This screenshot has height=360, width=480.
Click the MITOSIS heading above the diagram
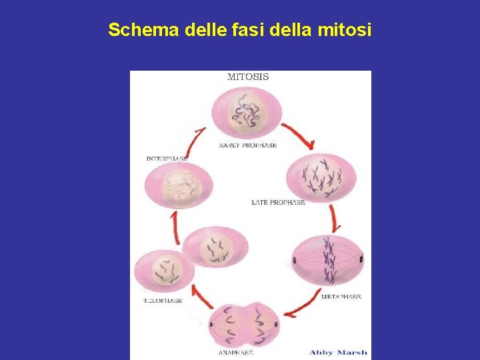tap(248, 77)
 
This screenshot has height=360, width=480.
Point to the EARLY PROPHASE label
tap(248, 145)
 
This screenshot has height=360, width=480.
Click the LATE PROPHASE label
tap(278, 202)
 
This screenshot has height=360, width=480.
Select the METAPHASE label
tap(341, 297)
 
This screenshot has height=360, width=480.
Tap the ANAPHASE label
tap(236, 353)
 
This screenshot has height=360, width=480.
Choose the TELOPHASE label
tap(163, 301)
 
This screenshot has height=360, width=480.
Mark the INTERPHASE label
tap(167, 159)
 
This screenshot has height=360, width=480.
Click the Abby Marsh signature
tap(338, 352)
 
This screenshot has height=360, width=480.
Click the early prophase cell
tap(247, 113)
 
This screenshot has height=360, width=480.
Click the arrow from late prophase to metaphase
tap(334, 218)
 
